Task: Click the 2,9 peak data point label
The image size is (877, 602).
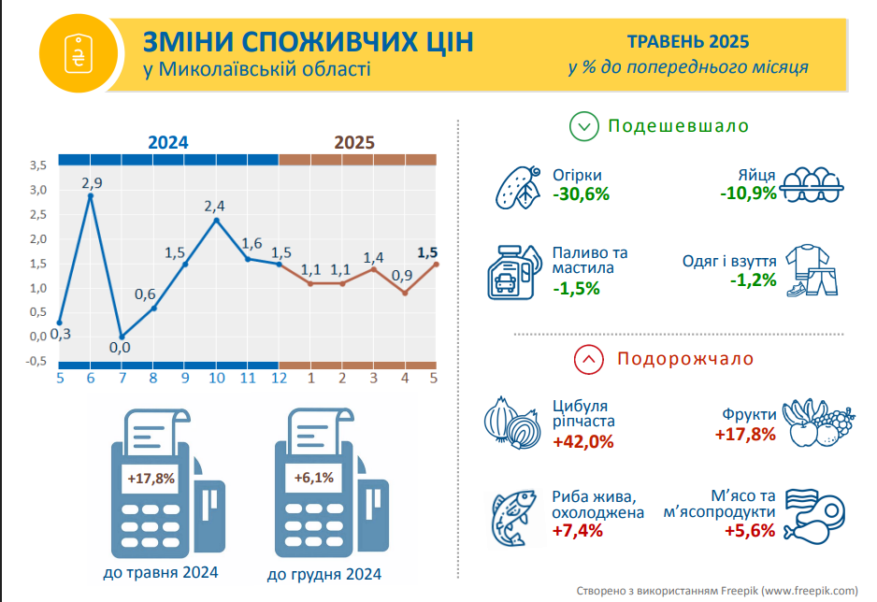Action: pyautogui.click(x=92, y=182)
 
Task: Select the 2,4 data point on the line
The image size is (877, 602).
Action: pyautogui.click(x=216, y=221)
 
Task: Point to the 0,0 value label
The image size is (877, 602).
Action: pyautogui.click(x=120, y=348)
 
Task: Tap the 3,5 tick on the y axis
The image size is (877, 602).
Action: pyautogui.click(x=38, y=165)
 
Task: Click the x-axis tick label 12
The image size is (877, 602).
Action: pyautogui.click(x=279, y=379)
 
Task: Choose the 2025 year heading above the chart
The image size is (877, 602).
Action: pyautogui.click(x=355, y=143)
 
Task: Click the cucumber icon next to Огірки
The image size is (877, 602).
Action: pyautogui.click(x=517, y=188)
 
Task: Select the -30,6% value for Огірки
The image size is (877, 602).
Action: pyautogui.click(x=581, y=194)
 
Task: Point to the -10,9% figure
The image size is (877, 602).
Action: pyautogui.click(x=748, y=193)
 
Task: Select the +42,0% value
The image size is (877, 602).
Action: pyautogui.click(x=582, y=441)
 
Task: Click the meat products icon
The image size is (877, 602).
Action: pyautogui.click(x=812, y=515)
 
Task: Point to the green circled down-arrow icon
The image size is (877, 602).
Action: pyautogui.click(x=583, y=126)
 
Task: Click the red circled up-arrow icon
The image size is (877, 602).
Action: pyautogui.click(x=588, y=358)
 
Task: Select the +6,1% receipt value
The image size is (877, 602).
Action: pyautogui.click(x=314, y=478)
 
